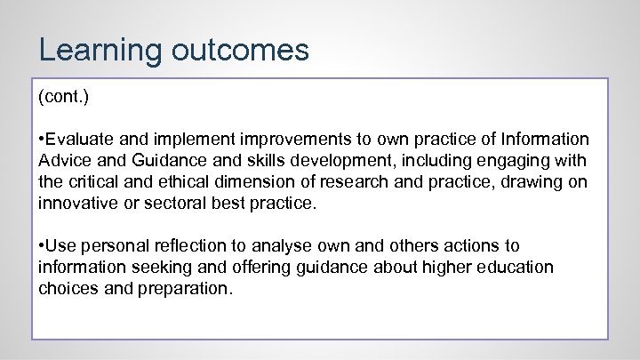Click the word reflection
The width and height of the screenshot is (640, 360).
pyautogui.click(x=193, y=245)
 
